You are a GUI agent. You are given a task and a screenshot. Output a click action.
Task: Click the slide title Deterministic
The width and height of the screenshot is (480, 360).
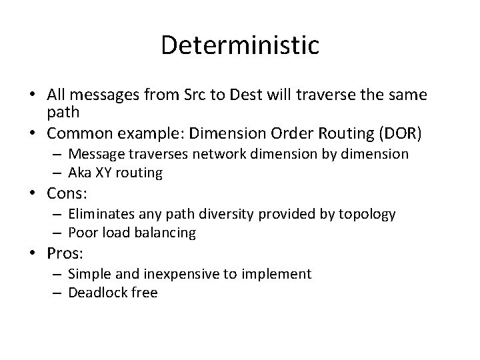click(240, 45)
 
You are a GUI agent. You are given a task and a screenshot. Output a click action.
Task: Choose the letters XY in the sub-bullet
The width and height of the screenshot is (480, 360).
click(106, 173)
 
